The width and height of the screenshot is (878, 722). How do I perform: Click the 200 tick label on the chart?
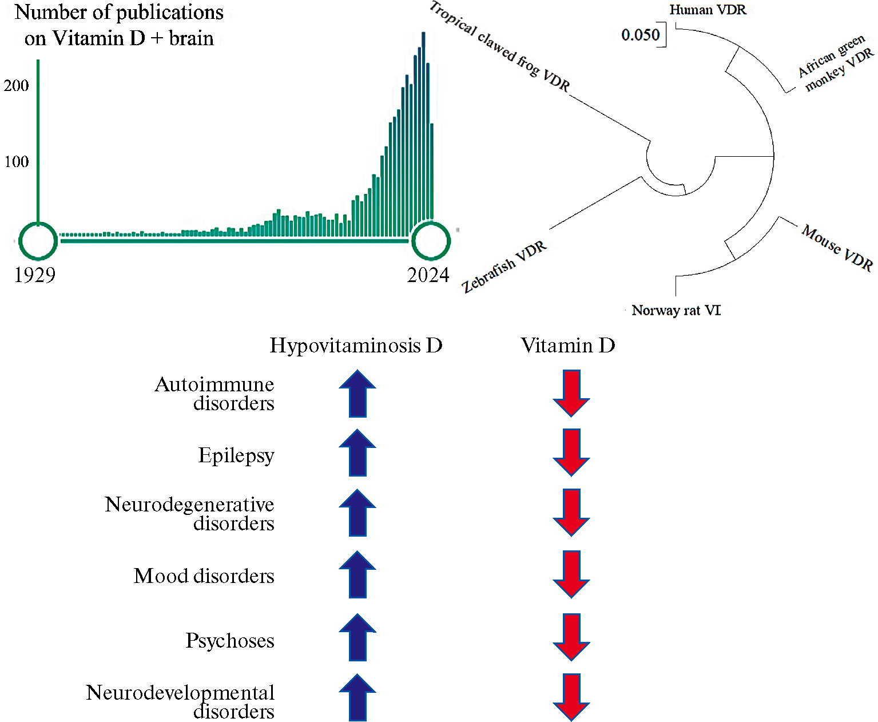tap(16, 86)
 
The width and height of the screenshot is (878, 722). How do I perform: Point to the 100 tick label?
tap(16, 162)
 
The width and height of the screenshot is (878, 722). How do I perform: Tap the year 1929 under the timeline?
tap(35, 275)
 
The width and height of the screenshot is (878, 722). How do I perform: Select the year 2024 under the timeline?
tap(428, 275)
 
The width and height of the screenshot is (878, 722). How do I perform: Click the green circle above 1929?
tap(38, 241)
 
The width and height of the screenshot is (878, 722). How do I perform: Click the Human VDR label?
tap(708, 10)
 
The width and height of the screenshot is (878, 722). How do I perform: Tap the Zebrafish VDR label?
tap(504, 267)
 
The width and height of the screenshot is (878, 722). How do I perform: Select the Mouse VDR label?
tap(837, 248)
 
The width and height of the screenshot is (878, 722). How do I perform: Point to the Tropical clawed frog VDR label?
tap(499, 47)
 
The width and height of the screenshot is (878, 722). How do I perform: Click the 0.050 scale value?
tap(640, 35)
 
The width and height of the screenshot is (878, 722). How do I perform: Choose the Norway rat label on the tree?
tap(676, 311)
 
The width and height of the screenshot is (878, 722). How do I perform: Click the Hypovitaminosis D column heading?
tap(356, 346)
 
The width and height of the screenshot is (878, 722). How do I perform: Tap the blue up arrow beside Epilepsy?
tap(357, 453)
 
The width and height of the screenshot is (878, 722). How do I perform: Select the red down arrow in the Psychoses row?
tap(571, 637)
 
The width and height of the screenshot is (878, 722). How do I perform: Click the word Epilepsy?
tap(236, 455)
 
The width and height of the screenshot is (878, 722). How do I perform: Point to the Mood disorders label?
tap(204, 576)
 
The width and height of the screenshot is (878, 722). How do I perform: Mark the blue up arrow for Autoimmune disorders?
tap(357, 394)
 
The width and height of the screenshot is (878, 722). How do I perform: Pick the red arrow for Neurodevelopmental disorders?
tap(571, 697)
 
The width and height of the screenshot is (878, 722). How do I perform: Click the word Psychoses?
tap(230, 641)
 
